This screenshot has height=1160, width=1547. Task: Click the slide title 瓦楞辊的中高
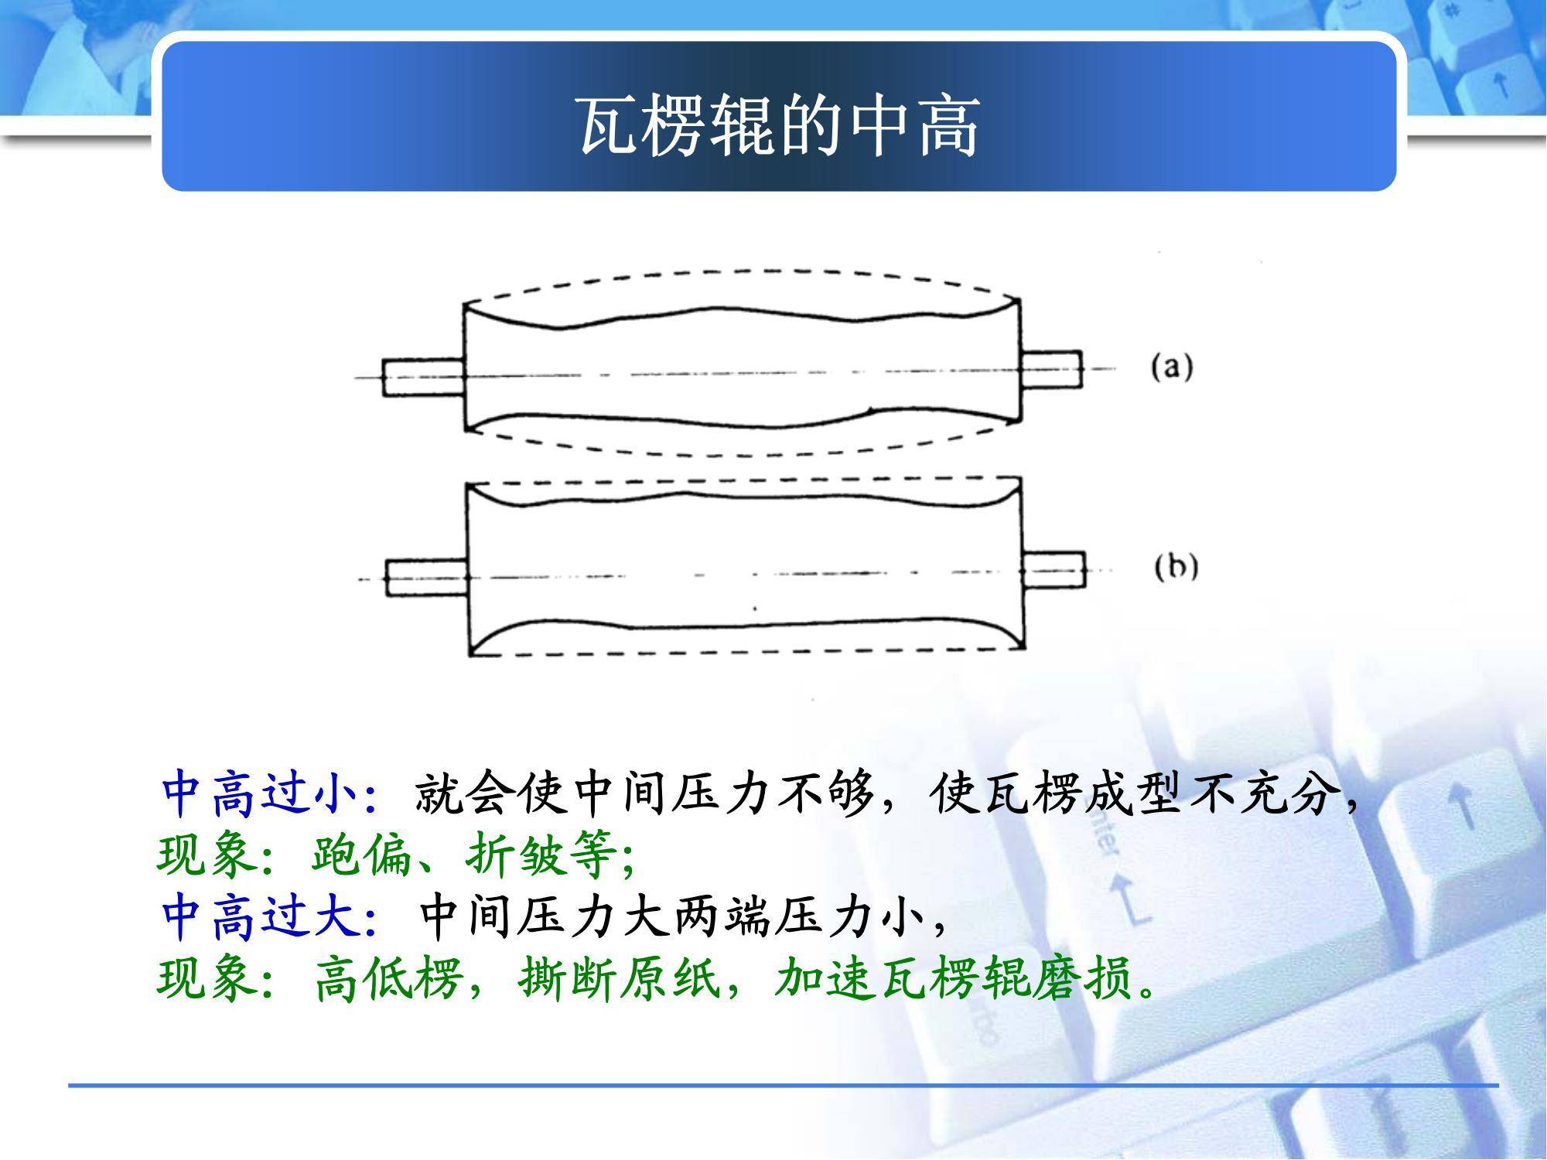(x=780, y=126)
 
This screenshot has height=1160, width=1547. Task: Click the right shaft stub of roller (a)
(x=1051, y=370)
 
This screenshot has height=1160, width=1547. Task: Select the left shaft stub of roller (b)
(x=427, y=578)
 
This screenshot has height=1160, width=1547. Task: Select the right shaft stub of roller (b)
(x=1054, y=571)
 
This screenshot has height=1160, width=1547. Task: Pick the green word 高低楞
(x=388, y=979)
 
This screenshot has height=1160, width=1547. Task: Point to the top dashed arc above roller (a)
(x=743, y=271)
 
